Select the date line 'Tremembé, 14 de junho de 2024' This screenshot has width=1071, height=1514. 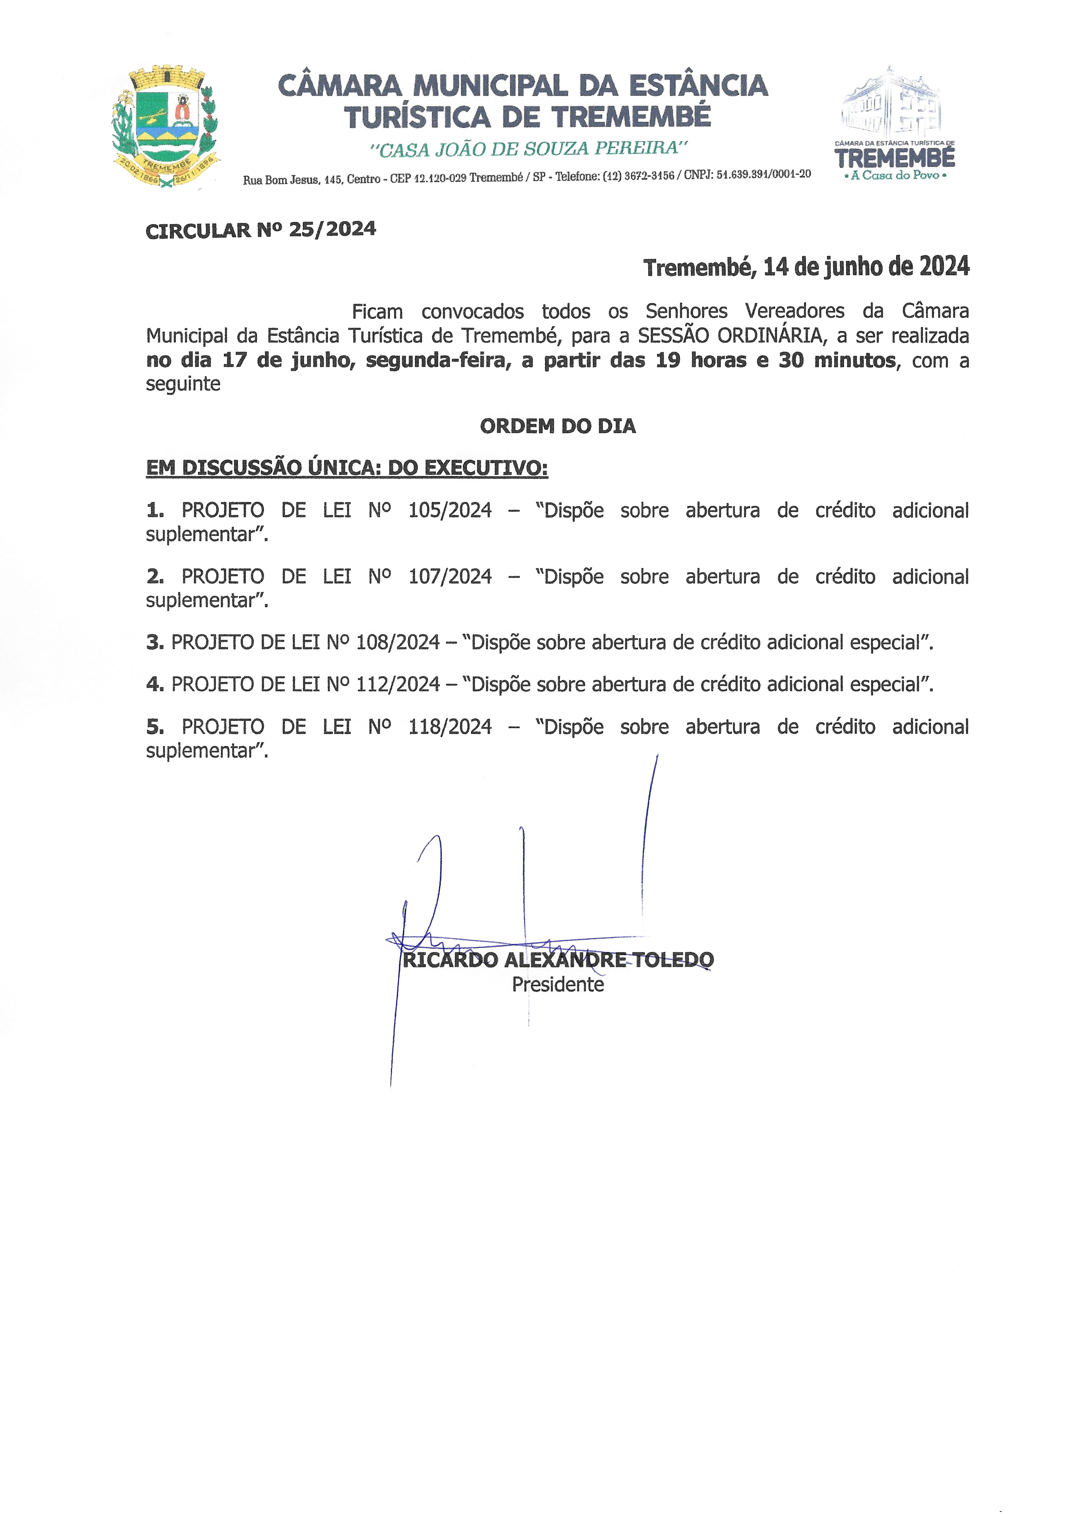tap(806, 267)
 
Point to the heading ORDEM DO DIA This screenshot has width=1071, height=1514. tap(557, 426)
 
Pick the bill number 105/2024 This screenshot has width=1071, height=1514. tap(450, 510)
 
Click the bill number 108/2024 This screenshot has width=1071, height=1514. tap(398, 642)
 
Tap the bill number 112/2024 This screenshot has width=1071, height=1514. tap(398, 684)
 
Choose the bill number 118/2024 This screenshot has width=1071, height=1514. tap(450, 726)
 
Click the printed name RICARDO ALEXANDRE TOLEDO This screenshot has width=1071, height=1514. tap(557, 960)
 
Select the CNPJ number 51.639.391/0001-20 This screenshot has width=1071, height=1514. tap(764, 174)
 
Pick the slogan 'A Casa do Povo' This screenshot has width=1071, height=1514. tap(895, 175)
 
